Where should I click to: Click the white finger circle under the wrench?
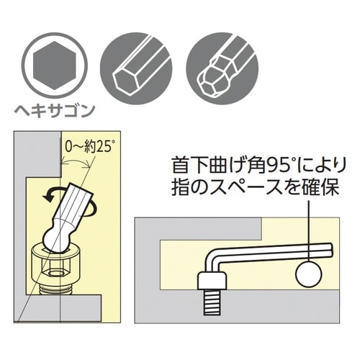[x=309, y=274]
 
